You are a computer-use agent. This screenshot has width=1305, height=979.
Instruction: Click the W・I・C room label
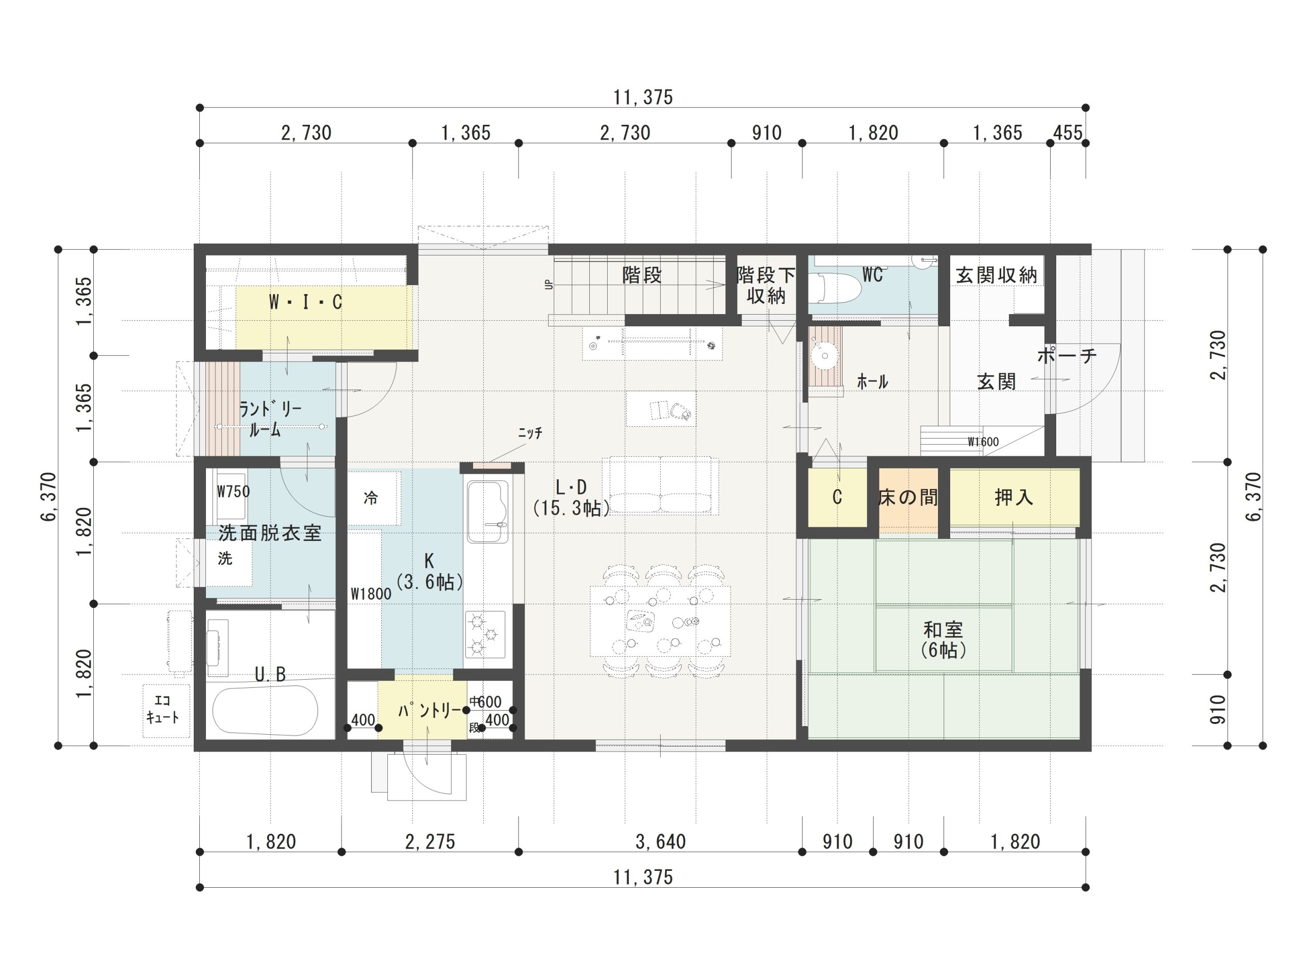pos(305,302)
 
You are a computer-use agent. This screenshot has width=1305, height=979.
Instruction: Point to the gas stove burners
pos(485,634)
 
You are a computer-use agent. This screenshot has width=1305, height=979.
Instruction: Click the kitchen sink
pos(487,511)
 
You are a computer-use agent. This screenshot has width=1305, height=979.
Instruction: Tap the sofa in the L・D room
pos(660,485)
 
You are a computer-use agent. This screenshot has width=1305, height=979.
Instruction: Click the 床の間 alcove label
pos(907,498)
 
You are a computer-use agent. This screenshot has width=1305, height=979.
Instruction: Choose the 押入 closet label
pos(1013,498)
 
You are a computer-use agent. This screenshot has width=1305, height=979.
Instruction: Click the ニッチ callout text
pos(530,432)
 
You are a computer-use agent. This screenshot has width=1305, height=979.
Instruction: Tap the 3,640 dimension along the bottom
pos(660,841)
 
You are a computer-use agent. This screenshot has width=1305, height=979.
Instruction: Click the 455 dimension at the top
pos(1067,133)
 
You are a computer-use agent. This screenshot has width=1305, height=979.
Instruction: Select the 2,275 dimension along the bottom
pos(430,841)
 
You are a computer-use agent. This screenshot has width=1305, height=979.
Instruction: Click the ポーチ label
pos(1066,355)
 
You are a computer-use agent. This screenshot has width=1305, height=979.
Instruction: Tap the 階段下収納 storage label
pos(766,285)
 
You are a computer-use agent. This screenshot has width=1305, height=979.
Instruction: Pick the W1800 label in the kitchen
pos(371,594)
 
